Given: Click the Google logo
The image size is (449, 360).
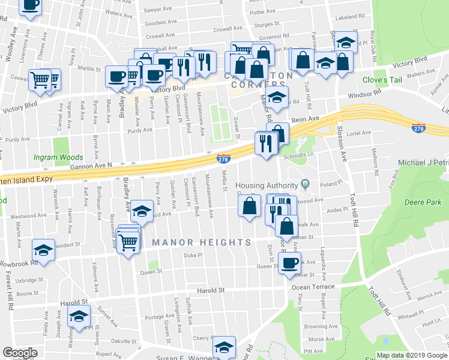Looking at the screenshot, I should (20, 353).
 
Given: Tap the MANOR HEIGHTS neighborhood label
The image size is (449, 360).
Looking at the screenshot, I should (201, 242).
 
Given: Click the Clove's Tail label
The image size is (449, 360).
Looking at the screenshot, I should (381, 80).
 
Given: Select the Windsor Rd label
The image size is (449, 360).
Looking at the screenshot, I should (367, 95).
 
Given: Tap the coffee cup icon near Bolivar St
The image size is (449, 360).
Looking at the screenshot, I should (290, 262).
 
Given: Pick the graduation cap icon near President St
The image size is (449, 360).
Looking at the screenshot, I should (43, 250).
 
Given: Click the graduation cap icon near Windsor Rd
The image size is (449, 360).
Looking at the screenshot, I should (277, 96).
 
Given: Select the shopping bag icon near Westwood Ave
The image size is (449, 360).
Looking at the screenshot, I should (249, 206).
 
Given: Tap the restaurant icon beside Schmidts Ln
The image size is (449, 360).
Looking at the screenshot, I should (264, 142).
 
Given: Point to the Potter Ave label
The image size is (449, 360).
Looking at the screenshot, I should (262, 12).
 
